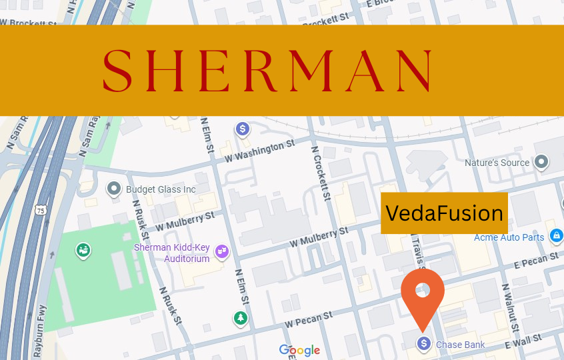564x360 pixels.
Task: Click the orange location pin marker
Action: pos(423,293)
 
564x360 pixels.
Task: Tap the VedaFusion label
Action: pos(444,213)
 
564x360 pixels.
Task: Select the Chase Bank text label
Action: pos(460,345)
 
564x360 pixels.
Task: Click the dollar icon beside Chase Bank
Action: pos(423,343)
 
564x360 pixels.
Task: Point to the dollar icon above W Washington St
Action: pos(243,128)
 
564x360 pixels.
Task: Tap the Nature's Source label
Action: pos(497,163)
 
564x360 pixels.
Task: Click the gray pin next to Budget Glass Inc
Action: pos(114,189)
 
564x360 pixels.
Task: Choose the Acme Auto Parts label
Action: pos(509,237)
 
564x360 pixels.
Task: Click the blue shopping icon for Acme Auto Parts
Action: pos(556,236)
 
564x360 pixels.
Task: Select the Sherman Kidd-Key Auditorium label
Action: pos(172,253)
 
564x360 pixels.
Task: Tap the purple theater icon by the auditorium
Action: pos(223,251)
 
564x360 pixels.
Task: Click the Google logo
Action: pos(299,350)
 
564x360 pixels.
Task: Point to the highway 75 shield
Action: pos(41,210)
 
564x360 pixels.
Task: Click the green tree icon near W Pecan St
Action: pos(240,318)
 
